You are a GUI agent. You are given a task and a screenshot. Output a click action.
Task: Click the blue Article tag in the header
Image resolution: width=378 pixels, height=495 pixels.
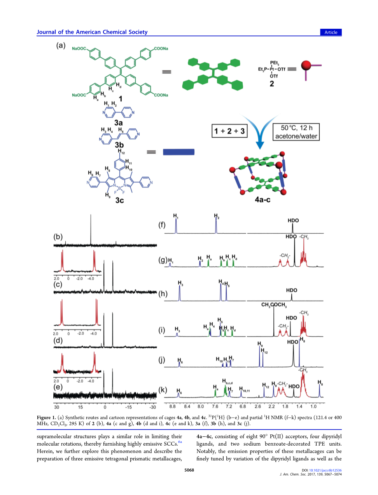331,32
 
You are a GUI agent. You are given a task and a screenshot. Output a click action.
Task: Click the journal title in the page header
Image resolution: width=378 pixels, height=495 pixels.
92,32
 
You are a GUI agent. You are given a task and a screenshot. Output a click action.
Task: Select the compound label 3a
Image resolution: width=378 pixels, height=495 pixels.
118,123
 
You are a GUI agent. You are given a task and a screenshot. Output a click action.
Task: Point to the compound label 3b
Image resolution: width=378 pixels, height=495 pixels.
119,145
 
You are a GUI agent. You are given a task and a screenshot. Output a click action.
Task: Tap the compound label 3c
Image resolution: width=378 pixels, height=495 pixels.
119,200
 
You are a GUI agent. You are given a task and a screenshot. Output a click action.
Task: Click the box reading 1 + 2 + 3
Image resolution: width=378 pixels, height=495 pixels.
229,131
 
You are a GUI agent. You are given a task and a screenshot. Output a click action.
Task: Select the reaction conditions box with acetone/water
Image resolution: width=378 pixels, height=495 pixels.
296,132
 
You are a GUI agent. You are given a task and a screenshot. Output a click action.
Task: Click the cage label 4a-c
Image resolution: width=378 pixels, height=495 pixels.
262,199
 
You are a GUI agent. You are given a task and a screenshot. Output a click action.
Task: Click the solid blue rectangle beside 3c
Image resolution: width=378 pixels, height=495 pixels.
178,152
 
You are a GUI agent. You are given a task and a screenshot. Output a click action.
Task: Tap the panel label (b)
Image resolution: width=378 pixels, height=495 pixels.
58,237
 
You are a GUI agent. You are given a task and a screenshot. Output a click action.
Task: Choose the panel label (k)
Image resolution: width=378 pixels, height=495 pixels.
163,390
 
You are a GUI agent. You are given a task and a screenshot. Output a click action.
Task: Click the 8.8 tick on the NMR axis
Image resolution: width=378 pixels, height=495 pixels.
173,407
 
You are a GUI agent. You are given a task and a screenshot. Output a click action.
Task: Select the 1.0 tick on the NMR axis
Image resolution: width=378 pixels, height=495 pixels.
313,407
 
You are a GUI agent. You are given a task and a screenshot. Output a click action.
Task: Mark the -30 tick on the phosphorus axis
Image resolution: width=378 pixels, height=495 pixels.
153,407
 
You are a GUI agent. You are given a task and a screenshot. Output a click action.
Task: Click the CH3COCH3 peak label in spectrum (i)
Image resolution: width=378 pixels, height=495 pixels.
274,305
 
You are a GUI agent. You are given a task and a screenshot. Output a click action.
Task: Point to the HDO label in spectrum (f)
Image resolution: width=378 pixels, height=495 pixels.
293,220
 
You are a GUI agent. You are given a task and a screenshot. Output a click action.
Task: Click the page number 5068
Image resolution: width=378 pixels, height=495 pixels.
189,470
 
